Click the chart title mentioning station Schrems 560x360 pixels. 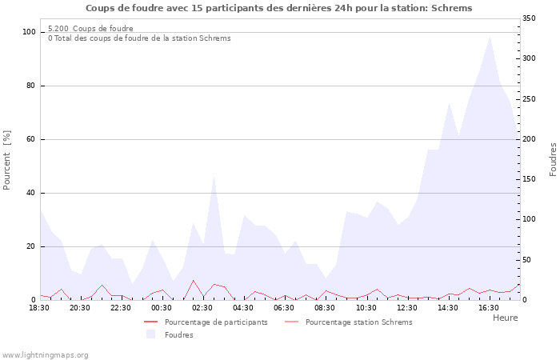(278, 8)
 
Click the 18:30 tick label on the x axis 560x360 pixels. (40, 307)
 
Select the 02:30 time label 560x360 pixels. (202, 307)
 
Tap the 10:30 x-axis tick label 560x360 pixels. (366, 307)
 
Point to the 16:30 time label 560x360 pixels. (488, 307)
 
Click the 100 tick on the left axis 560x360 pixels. (30, 32)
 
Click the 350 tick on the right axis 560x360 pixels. (530, 18)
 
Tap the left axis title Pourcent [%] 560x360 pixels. (8, 160)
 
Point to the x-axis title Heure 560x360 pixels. (505, 318)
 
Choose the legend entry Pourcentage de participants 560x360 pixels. (216, 322)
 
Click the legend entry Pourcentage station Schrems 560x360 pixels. (358, 322)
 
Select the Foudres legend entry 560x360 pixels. (178, 335)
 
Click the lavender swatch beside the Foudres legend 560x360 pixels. (150, 335)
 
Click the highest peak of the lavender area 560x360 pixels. (490, 37)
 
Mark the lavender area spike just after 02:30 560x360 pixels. (214, 175)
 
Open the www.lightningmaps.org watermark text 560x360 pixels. (46, 354)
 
